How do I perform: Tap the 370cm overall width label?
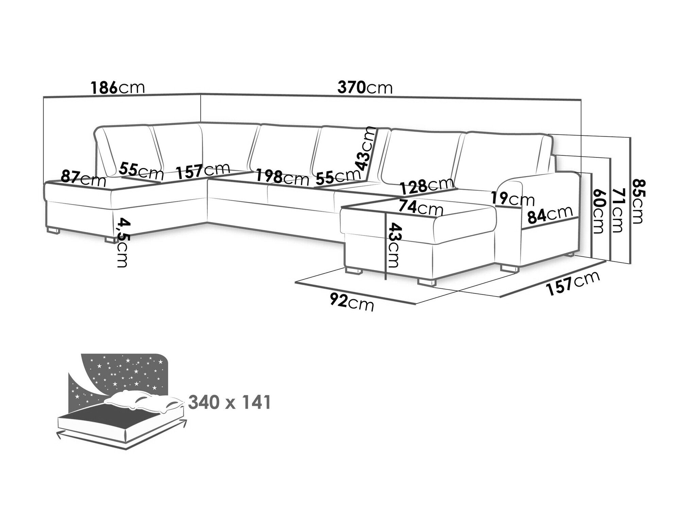(365, 87)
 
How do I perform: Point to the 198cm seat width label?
(282, 177)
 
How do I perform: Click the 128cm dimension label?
(426, 186)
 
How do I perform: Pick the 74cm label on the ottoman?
(421, 208)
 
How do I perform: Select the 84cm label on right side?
(549, 214)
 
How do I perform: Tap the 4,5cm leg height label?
(121, 243)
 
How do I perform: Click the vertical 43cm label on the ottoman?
(392, 245)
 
